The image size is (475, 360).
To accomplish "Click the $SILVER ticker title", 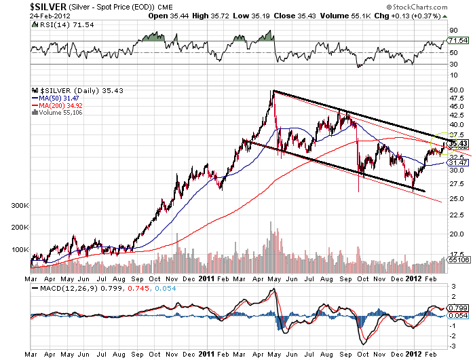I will point(51,6).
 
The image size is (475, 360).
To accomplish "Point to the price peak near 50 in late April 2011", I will point(273,91).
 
